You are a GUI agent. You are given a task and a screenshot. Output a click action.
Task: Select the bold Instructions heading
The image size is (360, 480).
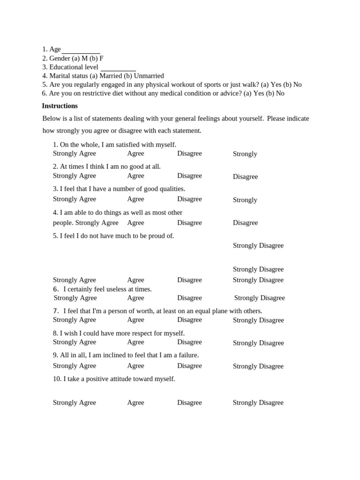(60, 106)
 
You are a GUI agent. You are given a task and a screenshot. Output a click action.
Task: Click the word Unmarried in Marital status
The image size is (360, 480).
(149, 76)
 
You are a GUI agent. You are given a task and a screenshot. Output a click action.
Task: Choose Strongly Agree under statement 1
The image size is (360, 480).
(74, 153)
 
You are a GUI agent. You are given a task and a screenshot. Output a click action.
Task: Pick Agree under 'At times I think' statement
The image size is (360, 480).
(135, 176)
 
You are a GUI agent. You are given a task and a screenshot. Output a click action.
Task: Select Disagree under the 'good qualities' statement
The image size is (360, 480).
(189, 199)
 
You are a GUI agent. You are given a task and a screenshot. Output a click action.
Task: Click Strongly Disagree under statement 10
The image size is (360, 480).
(258, 403)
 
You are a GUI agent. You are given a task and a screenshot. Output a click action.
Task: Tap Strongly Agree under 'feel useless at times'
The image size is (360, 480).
(75, 298)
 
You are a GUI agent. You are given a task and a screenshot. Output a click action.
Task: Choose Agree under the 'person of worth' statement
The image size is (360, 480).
(135, 320)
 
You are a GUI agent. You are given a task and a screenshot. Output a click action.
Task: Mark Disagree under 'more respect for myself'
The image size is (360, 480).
(189, 342)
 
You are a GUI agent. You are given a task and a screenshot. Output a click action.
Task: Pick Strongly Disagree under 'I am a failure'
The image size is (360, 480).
(258, 366)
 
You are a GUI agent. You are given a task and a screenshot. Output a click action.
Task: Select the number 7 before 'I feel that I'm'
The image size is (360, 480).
(55, 311)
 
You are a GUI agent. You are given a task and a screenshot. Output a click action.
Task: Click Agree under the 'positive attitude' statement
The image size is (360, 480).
(135, 403)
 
